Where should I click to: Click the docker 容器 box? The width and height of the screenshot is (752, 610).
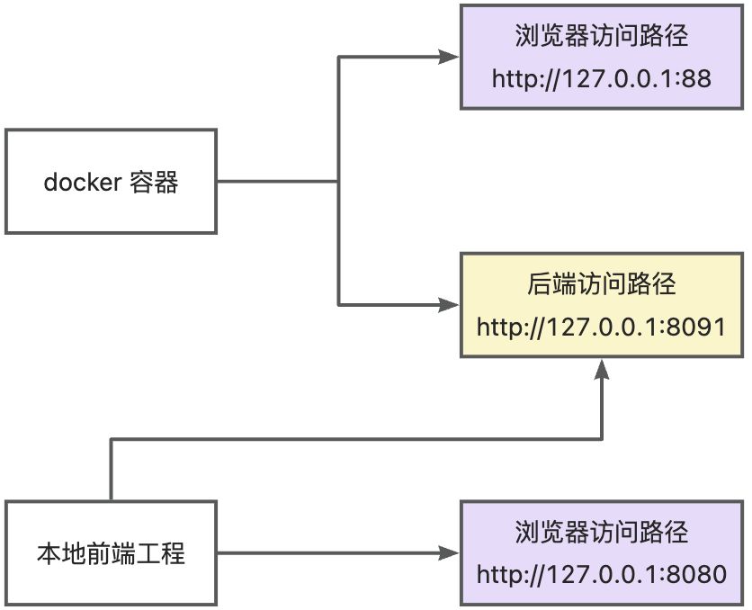pyautogui.click(x=111, y=182)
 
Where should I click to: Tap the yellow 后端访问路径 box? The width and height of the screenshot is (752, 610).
pyautogui.click(x=602, y=306)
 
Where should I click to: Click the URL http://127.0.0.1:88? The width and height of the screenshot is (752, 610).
pyautogui.click(x=602, y=78)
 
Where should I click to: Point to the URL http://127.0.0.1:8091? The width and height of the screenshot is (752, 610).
pyautogui.click(x=602, y=327)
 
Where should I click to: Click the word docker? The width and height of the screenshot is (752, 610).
pyautogui.click(x=82, y=183)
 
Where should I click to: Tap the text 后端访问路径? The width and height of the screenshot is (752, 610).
pyautogui.click(x=602, y=285)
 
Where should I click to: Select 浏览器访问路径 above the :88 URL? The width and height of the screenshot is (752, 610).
pyautogui.click(x=602, y=36)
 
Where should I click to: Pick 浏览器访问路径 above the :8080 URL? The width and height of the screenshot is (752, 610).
pyautogui.click(x=602, y=532)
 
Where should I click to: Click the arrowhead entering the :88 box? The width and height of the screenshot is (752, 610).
pyautogui.click(x=451, y=57)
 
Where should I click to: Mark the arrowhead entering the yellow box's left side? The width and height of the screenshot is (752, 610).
pyautogui.click(x=451, y=305)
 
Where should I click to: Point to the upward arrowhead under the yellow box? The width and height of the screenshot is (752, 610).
pyautogui.click(x=602, y=369)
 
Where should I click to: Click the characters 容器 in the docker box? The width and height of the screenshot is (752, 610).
pyautogui.click(x=154, y=183)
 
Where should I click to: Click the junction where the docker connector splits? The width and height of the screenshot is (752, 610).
pyautogui.click(x=338, y=182)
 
